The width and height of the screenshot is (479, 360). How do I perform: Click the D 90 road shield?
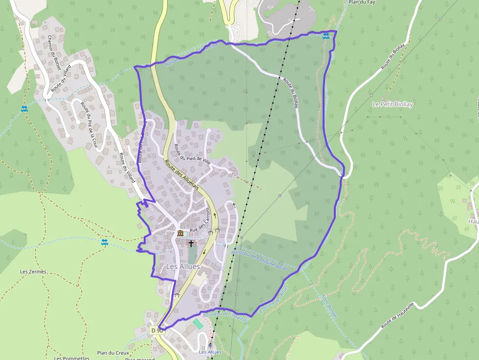(156, 331)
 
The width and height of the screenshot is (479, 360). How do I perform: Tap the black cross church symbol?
(191, 243)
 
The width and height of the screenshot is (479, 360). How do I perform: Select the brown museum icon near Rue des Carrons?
(180, 233)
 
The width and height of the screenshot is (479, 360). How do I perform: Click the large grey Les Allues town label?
(183, 267)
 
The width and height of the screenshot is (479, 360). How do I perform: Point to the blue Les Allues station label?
(210, 352)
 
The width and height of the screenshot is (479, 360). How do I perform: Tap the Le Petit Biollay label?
(392, 105)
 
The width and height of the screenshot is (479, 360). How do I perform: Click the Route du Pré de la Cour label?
(89, 125)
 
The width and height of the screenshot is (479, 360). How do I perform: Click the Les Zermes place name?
(33, 272)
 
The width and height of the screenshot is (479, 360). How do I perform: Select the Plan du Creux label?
(112, 353)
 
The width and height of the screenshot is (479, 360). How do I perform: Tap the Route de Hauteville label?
(397, 315)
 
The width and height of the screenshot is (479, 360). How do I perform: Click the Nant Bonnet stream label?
(329, 306)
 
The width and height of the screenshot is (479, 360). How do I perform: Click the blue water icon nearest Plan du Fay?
(326, 35)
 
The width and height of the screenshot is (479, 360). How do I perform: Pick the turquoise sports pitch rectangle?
(198, 323)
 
